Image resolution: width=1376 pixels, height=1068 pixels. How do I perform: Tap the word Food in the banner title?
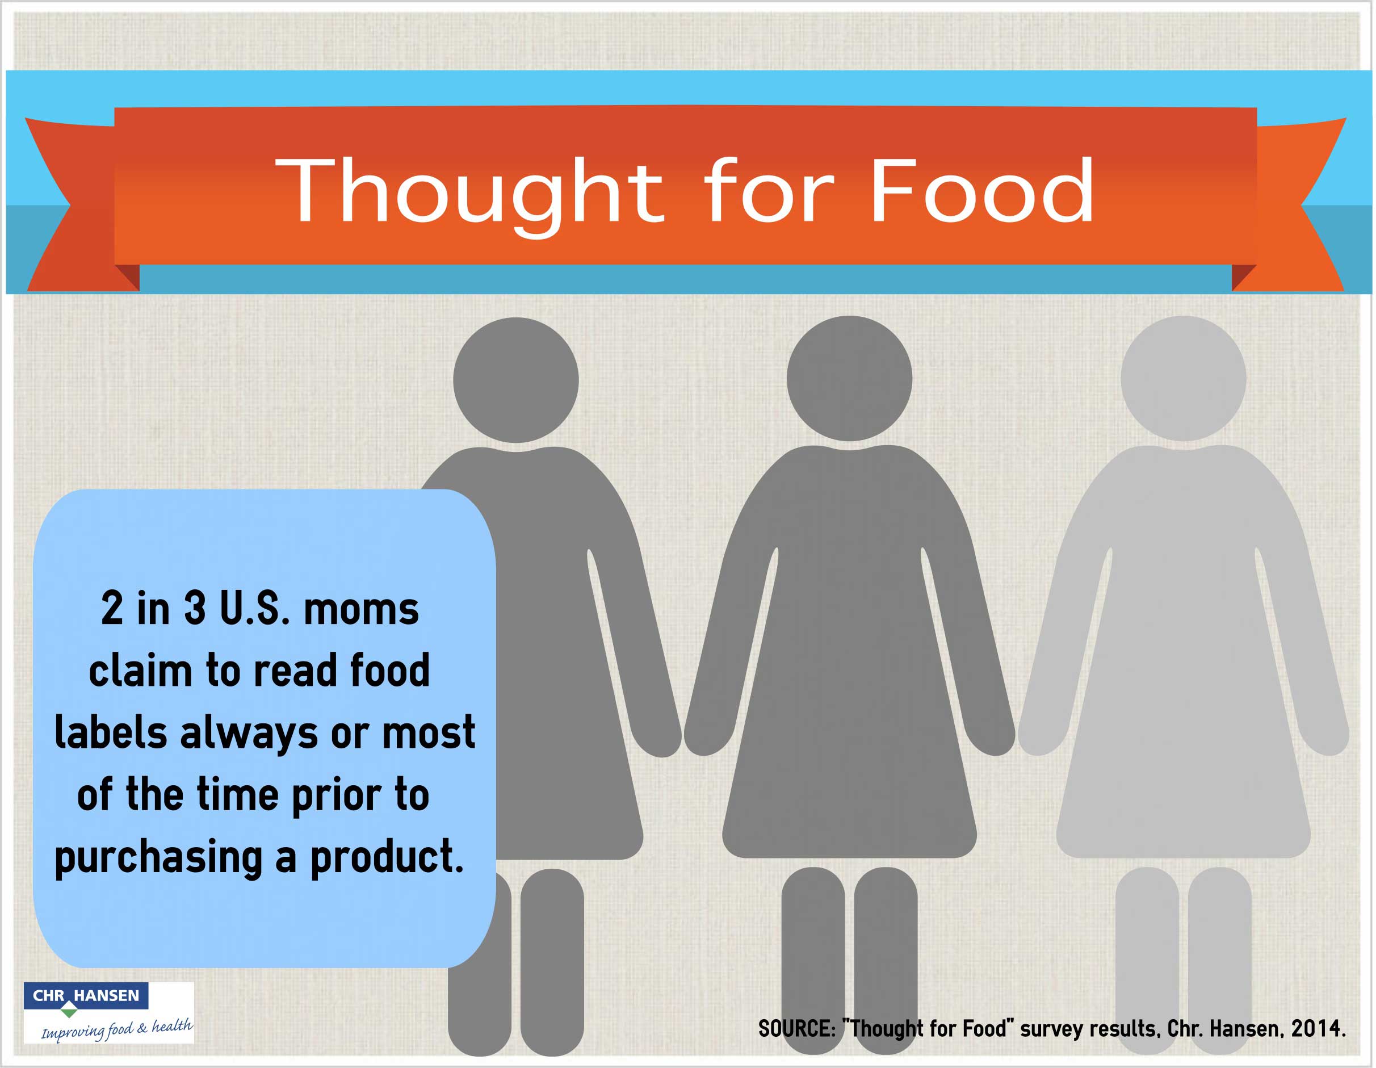pos(981,190)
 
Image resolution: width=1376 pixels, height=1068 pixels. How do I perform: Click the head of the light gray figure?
pos(1183,378)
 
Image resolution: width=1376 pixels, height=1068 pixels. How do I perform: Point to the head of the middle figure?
pos(849,378)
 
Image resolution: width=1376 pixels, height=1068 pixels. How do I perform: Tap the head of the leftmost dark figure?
pos(516,380)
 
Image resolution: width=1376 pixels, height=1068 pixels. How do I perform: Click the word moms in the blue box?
pos(361,609)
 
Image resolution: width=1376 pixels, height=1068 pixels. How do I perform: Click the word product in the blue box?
pos(387,857)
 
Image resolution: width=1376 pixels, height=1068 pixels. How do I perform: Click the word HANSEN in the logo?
pos(107,995)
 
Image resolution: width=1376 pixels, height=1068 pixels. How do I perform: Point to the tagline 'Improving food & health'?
pos(116,1029)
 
